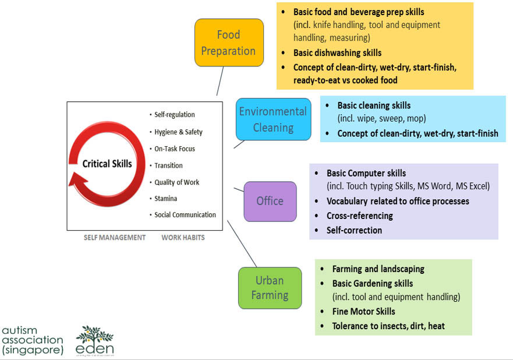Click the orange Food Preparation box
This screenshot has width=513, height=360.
pos(228,43)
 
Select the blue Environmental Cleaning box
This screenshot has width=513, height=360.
pos(273,119)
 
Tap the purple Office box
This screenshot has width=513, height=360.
pos(270,201)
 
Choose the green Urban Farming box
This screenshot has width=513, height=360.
pos(270,288)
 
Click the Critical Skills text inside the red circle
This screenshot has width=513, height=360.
pos(107,164)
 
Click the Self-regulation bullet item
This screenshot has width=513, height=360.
pos(175,115)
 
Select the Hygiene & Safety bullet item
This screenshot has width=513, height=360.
pos(178,132)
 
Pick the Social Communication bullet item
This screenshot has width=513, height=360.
pos(185,215)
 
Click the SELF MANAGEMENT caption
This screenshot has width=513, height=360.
pos(115,238)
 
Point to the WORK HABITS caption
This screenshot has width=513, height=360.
pos(183,238)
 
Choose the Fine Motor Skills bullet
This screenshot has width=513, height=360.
pos(363,312)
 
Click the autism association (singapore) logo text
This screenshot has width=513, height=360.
pos(33,340)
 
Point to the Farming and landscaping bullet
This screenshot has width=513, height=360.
pos(378,269)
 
